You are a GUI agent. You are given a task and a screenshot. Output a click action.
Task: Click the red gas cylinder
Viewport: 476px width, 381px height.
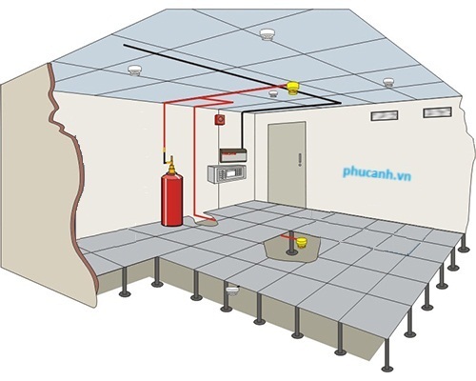tap(172, 199)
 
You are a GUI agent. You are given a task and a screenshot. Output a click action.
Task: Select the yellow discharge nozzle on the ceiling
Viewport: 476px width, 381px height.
tap(293, 88)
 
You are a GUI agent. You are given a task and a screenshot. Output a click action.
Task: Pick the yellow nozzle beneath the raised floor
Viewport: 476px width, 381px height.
tap(301, 242)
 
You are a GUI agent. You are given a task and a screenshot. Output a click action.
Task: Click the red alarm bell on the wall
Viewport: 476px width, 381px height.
tap(220, 120)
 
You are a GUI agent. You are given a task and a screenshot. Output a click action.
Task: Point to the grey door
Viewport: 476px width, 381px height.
tap(287, 165)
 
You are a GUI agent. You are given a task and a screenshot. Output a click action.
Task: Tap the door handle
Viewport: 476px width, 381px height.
tap(300, 159)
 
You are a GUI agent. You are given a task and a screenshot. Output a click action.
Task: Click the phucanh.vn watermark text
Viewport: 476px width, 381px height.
tap(377, 173)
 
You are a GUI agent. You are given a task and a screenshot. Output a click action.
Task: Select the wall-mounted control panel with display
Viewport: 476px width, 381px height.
tap(227, 174)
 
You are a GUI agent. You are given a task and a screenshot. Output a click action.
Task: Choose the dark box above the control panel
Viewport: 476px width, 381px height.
tap(233, 155)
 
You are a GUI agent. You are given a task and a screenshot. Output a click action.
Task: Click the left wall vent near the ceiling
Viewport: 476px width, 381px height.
tap(385, 115)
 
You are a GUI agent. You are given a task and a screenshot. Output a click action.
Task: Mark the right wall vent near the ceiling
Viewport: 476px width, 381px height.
tap(437, 112)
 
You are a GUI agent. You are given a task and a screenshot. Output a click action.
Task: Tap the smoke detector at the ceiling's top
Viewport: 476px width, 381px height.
tap(267, 34)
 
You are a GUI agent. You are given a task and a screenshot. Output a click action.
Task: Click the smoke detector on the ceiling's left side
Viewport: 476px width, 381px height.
tap(134, 70)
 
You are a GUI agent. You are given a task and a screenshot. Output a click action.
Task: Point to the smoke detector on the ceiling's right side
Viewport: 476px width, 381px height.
tap(388, 83)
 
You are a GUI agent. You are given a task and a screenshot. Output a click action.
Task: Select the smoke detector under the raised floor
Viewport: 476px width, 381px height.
tap(233, 291)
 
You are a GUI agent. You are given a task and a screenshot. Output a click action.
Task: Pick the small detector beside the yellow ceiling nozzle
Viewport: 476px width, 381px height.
tap(273, 93)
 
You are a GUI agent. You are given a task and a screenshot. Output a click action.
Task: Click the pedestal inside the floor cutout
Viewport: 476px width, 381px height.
tap(291, 243)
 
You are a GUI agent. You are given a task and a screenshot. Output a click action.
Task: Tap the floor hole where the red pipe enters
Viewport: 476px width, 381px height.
tap(207, 220)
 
